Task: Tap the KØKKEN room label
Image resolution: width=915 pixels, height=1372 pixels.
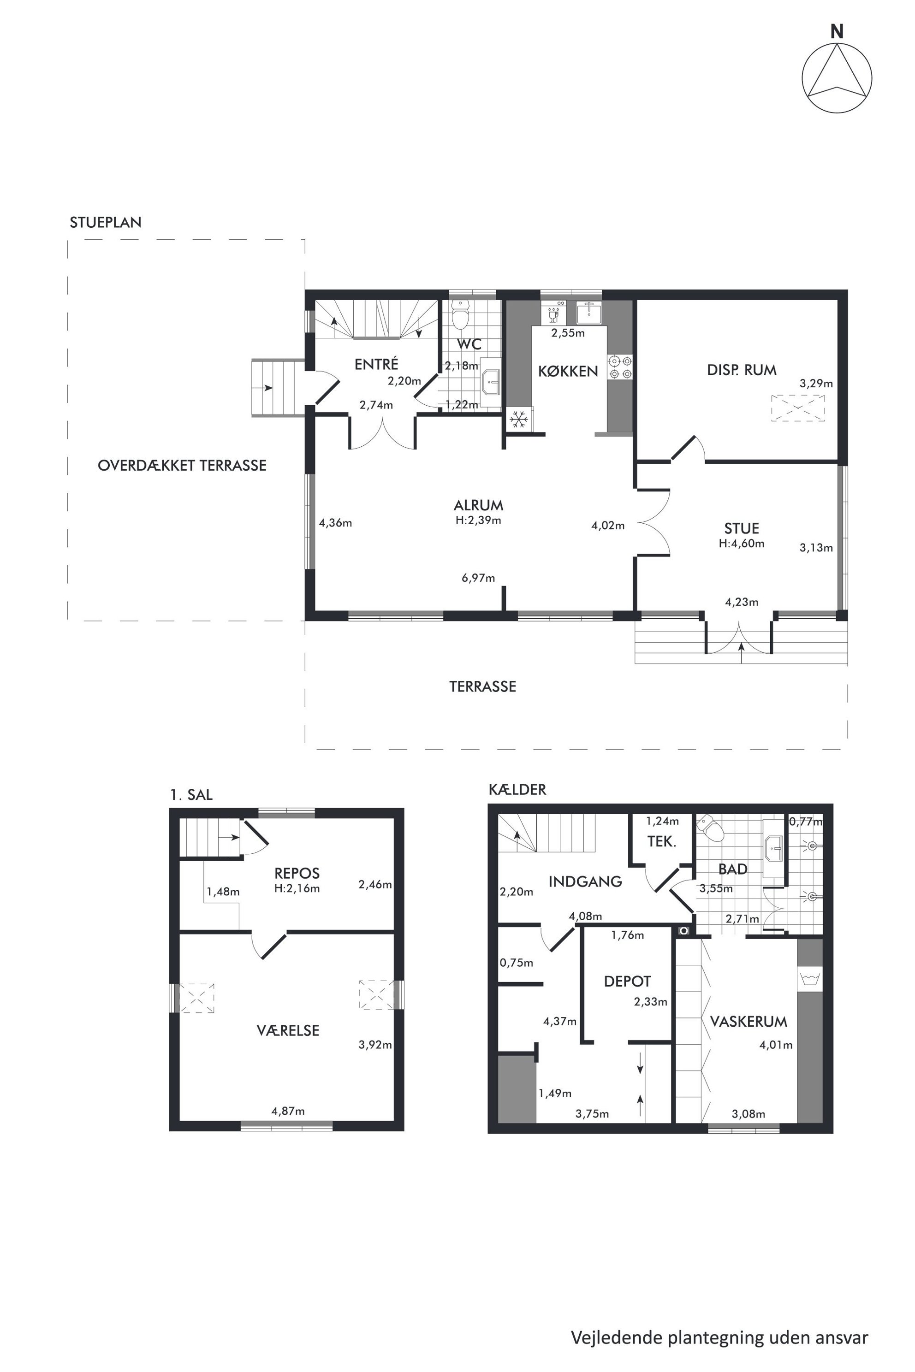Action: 568,371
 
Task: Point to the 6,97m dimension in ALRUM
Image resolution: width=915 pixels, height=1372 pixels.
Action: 479,578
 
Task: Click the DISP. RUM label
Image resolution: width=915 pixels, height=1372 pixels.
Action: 742,370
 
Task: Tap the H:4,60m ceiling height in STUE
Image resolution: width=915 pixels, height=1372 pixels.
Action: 742,544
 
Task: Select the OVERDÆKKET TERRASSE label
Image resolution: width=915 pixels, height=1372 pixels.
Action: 182,466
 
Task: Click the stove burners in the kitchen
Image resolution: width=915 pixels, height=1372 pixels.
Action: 620,367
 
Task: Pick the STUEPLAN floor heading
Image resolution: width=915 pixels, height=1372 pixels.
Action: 106,222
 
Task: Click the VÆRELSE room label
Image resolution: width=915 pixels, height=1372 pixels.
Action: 288,1031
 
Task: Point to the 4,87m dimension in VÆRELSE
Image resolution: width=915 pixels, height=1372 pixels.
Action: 288,1111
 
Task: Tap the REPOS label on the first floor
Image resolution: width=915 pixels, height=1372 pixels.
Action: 297,873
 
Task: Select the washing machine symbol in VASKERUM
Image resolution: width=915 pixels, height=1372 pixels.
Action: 810,978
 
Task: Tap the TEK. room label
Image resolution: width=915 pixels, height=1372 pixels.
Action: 662,842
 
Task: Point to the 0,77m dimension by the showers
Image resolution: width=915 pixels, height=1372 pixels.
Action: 806,822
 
